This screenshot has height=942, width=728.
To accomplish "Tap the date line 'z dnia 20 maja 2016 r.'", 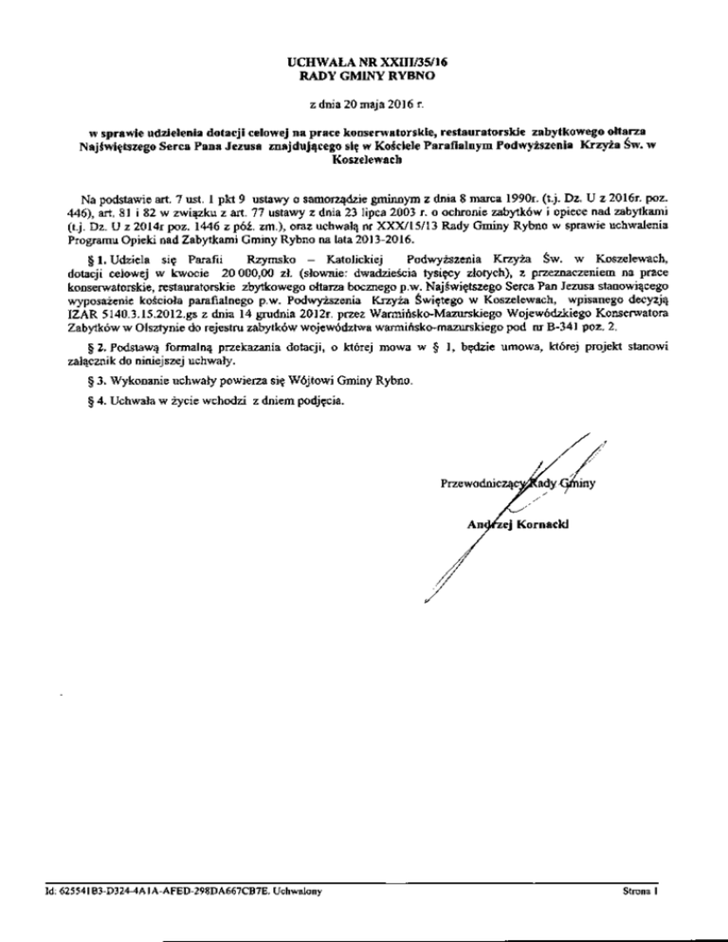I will tap(365, 102).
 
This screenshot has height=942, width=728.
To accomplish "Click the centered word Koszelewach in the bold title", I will tap(365, 161).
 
